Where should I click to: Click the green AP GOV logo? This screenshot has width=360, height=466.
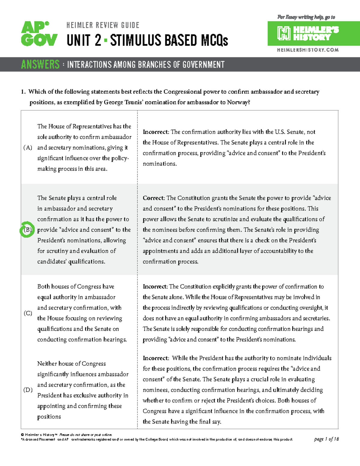point(39,34)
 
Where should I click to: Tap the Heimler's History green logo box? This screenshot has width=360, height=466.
point(313,33)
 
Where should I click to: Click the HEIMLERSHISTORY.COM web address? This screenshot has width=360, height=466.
point(308,50)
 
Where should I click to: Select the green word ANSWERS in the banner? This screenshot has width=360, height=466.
point(40,65)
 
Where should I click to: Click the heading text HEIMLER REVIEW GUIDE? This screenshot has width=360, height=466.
point(103,25)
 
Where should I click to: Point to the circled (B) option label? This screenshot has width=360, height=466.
point(27,230)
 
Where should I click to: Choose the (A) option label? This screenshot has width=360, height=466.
point(28,148)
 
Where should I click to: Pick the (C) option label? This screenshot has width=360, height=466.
point(28,313)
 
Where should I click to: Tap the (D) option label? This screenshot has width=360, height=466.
point(28,390)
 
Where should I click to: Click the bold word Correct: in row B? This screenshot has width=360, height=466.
point(154,198)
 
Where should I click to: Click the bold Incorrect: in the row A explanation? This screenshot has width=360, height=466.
point(156,132)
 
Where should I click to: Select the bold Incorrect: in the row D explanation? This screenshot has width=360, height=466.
point(156,358)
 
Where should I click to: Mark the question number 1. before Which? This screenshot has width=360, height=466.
point(23,92)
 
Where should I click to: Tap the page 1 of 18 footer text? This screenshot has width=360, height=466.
point(326,439)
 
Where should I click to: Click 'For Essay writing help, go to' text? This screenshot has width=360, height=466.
point(306,17)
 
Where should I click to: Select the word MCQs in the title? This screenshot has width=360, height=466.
point(214,41)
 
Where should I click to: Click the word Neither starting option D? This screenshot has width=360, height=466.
point(47,364)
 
